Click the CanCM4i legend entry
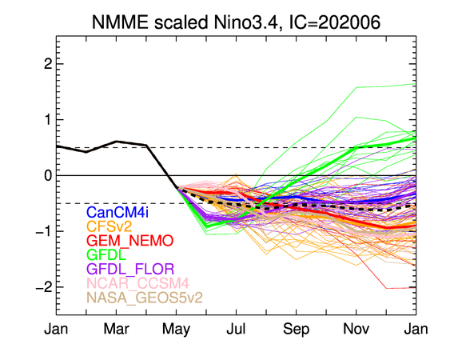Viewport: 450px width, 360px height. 117,212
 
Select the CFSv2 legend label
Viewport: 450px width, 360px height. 109,226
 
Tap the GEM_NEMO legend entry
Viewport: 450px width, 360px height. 130,241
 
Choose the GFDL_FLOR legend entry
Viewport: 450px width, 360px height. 130,269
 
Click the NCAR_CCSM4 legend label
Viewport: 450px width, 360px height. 137,283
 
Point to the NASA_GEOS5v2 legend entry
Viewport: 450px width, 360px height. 145,298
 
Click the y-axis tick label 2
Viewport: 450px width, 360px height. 48,64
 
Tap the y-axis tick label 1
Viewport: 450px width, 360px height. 48,119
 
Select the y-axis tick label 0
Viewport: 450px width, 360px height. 48,175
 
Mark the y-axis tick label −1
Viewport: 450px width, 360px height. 44,231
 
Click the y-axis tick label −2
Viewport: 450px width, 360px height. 44,287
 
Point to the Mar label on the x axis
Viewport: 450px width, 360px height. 116,329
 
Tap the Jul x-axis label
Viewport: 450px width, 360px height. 236,329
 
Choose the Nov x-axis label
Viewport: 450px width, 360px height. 356,329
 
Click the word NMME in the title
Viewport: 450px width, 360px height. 120,22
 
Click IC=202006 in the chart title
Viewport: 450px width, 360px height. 335,22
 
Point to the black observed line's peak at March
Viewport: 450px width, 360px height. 116,141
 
